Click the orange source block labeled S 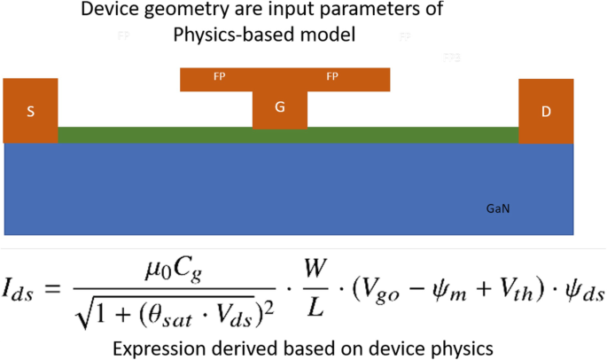point(31,111)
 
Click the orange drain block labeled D point(546,111)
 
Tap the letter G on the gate point(280,107)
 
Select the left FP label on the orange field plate point(219,77)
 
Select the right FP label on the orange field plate point(332,77)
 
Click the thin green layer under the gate point(177,135)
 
